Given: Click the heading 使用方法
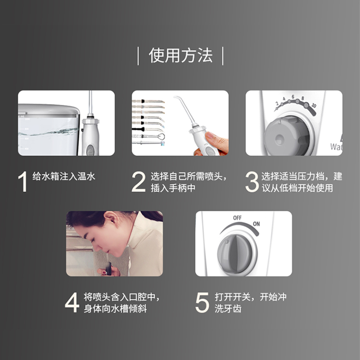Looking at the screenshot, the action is coord(180,55).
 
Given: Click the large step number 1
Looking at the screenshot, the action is coord(23,181).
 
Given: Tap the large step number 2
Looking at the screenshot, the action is coord(139,182).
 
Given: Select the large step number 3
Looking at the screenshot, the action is coord(252,182).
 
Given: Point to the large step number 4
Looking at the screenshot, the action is coord(72,302).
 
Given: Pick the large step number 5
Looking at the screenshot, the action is coord(202,302).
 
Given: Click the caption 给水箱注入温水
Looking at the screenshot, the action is coord(63,176).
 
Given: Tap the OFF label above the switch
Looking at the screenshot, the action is coord(237,218).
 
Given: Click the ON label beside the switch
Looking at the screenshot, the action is coord(256,224).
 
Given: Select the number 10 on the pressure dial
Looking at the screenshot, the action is coord(314,105).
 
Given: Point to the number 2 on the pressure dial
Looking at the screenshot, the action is coord(277,103).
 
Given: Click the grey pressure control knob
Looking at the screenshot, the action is coord(287,136).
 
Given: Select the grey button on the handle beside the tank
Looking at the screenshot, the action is coord(90,150).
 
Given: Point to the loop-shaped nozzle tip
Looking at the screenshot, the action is coord(162,137).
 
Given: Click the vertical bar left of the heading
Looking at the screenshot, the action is coord(138,56).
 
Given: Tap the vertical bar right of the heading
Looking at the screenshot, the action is coord(223,56).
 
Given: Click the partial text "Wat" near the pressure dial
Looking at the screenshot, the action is coord(336,147).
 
